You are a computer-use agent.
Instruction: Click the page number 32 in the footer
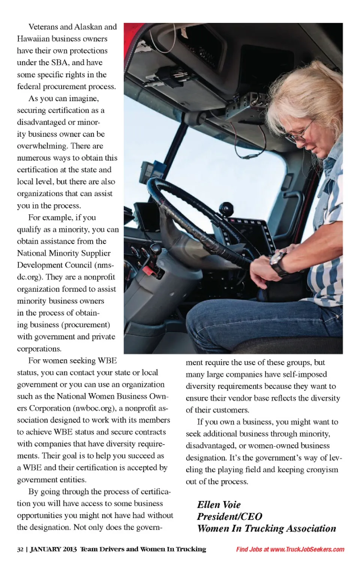[20, 549]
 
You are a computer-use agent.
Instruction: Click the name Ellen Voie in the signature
[219, 505]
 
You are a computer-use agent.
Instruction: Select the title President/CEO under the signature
[229, 517]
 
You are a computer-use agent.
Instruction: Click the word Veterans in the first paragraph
[43, 27]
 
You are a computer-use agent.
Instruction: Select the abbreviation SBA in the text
[59, 63]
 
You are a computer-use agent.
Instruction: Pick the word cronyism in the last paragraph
[322, 470]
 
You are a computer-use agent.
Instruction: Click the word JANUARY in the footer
[45, 549]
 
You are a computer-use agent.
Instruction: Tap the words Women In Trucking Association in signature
[267, 529]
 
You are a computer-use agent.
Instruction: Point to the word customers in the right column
[231, 410]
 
